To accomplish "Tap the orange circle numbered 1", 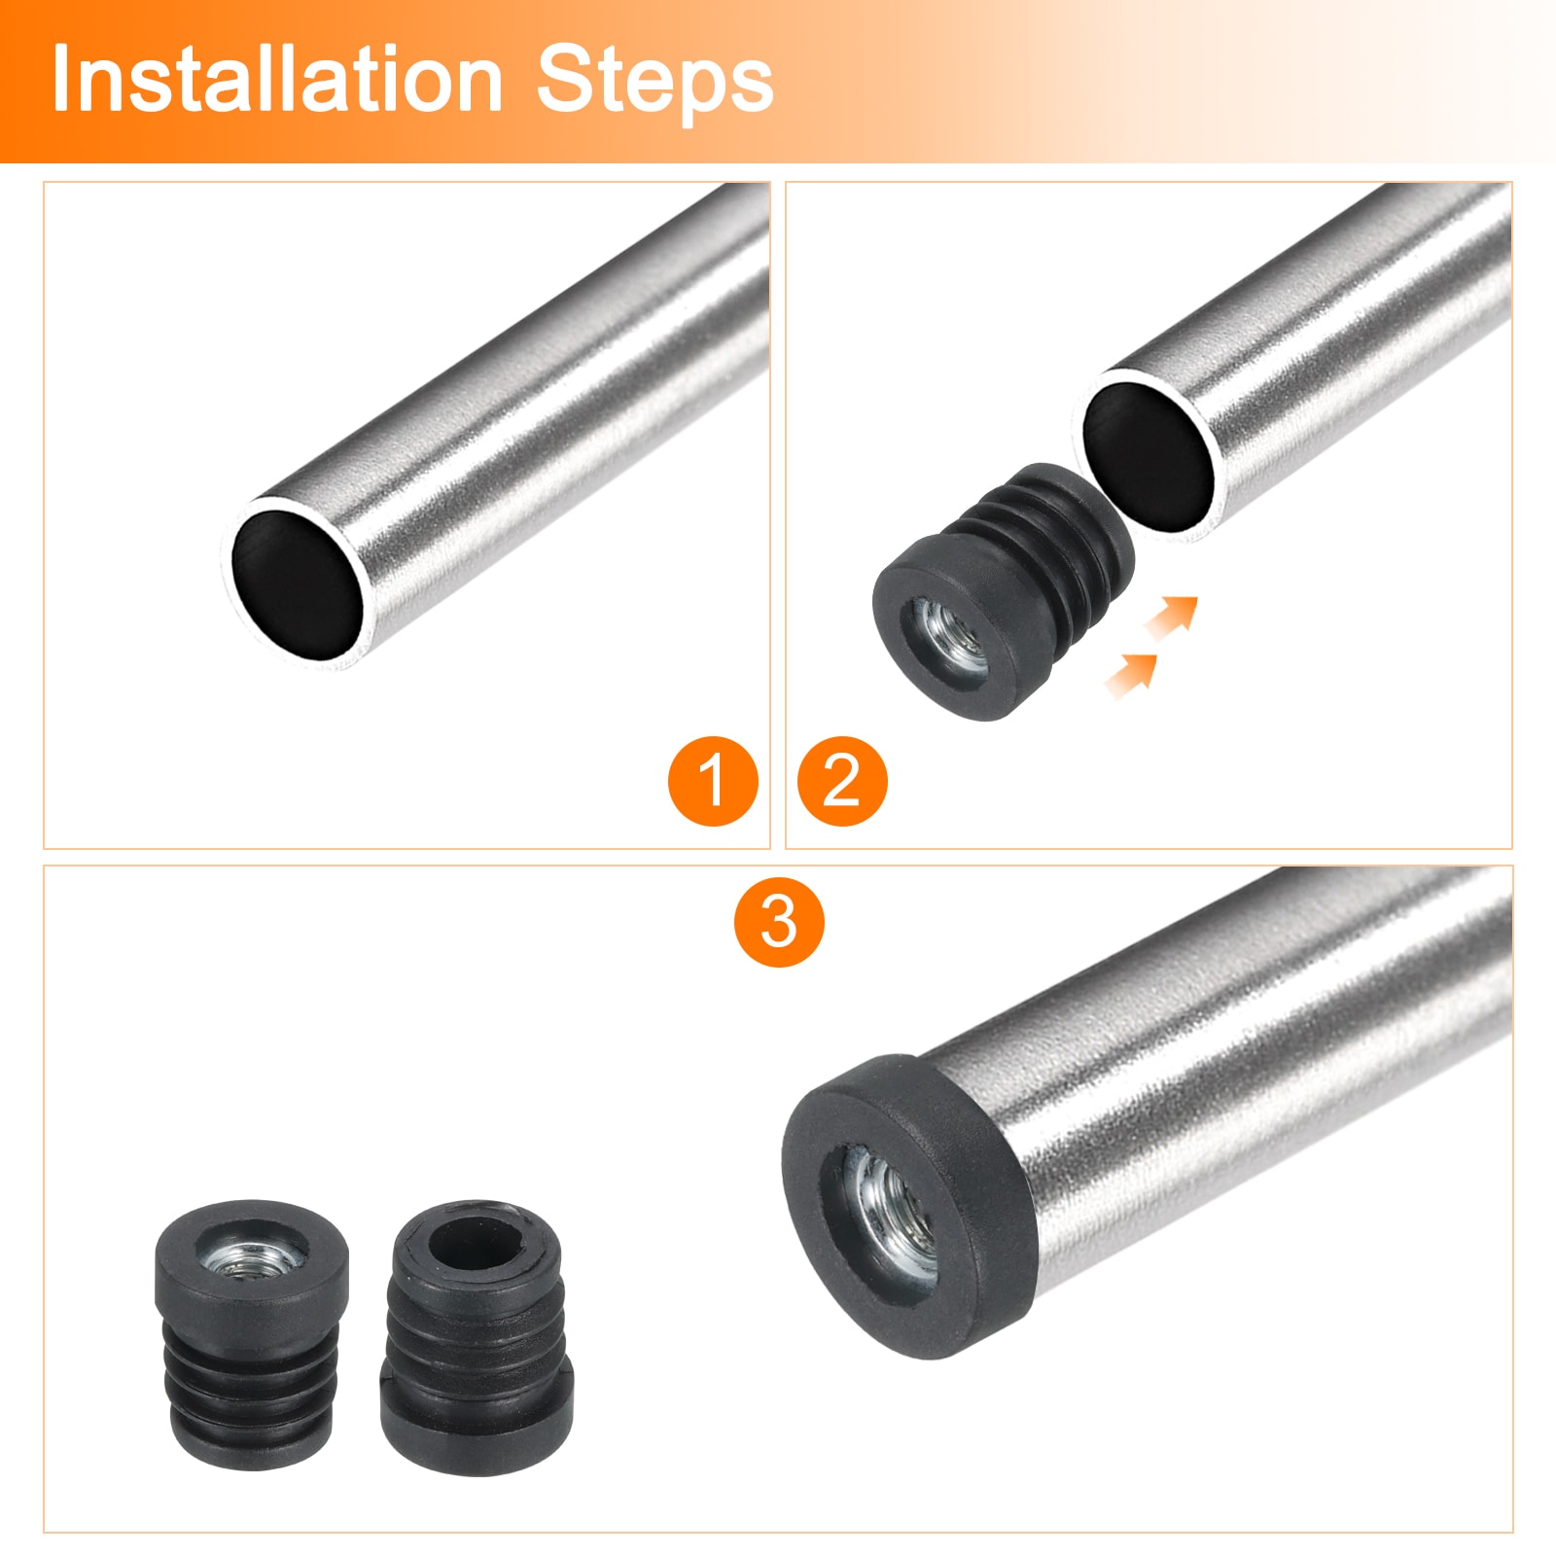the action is pos(713,781).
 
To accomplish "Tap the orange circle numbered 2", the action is pos(842,781).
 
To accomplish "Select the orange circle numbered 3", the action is pos(779,921).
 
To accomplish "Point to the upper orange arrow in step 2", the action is pos(1172,617).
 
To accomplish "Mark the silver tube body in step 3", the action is pos(1245,1099).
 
